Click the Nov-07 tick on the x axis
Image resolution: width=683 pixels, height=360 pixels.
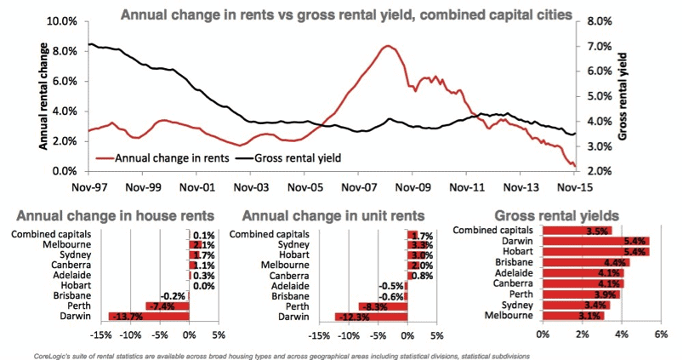point(359,186)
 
